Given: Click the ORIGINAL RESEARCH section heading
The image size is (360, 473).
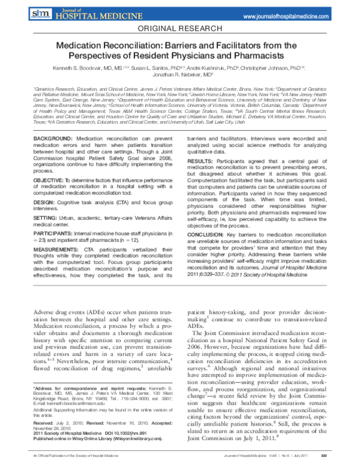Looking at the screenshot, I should pos(179,28).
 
